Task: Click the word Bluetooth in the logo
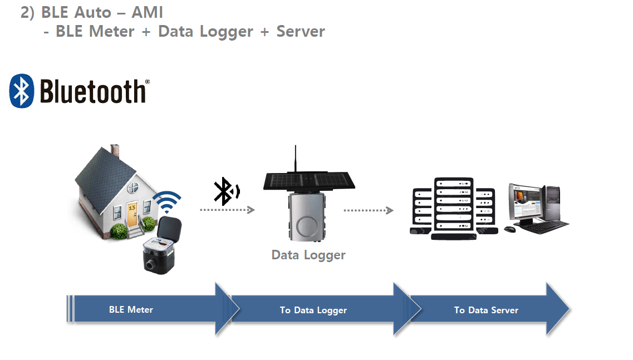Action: click(92, 92)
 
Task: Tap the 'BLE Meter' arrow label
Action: click(131, 309)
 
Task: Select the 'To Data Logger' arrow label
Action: click(313, 310)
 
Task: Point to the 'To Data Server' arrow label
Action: click(486, 310)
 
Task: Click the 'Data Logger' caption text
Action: click(308, 255)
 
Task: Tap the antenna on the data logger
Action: click(295, 159)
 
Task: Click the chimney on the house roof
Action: click(115, 151)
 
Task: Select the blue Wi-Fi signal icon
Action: click(167, 203)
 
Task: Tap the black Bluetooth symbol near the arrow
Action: click(224, 192)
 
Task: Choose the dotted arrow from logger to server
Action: click(368, 210)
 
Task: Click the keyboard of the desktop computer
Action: click(543, 226)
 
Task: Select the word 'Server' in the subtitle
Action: click(301, 31)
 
